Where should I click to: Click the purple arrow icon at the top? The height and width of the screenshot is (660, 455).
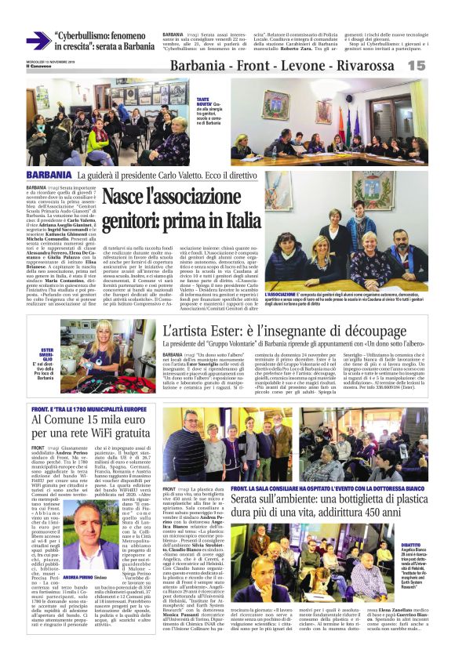point(38,40)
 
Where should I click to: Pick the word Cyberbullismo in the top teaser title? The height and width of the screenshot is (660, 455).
point(86,35)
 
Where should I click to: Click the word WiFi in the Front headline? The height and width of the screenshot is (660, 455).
point(119,433)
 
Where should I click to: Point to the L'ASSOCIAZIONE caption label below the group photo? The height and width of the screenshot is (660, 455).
point(281,294)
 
